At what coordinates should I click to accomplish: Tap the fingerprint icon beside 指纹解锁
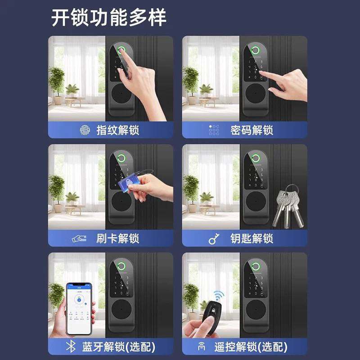pyautogui.click(x=84, y=130)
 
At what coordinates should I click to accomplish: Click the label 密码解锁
pyautogui.click(x=252, y=130)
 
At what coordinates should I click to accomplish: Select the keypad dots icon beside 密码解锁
pyautogui.click(x=213, y=130)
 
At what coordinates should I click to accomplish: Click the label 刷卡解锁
pyautogui.click(x=118, y=238)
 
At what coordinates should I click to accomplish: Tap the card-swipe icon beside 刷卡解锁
pyautogui.click(x=80, y=239)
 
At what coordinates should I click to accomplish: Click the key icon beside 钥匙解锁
pyautogui.click(x=213, y=239)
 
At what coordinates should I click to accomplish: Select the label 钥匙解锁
pyautogui.click(x=252, y=238)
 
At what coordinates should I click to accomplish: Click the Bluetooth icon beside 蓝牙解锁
pyautogui.click(x=70, y=347)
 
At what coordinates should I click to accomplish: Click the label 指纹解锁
pyautogui.click(x=118, y=130)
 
